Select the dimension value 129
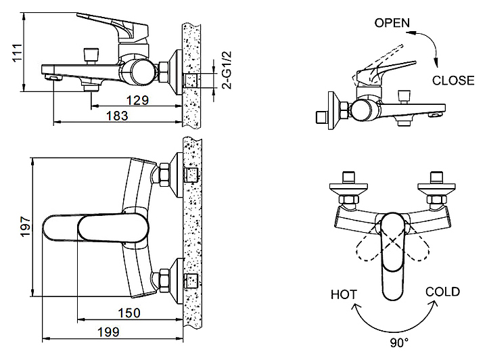pyautogui.click(x=137, y=100)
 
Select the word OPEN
pyautogui.click(x=392, y=22)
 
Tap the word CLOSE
pyautogui.click(x=453, y=81)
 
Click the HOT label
pyautogui.click(x=344, y=294)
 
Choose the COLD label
pyautogui.click(x=442, y=292)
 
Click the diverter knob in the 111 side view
pyautogui.click(x=88, y=53)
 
